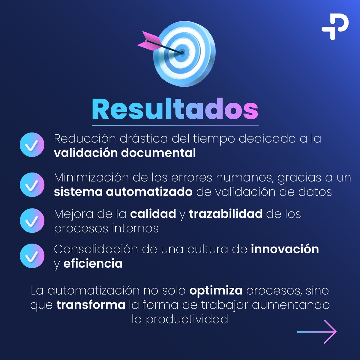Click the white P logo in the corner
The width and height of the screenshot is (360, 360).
[x=335, y=26]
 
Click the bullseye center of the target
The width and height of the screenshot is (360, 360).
[x=182, y=53]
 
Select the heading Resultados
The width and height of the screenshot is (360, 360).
[x=175, y=109]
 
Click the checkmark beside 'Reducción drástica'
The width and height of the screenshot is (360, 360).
[x=32, y=145]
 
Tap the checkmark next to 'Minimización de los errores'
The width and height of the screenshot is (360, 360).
[x=32, y=184]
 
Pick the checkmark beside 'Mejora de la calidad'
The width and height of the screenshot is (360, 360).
[x=32, y=221]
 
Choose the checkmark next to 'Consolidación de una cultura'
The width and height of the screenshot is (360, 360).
[x=32, y=256]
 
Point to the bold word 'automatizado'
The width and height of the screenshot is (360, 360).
[x=149, y=192]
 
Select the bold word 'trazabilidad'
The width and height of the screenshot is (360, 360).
[x=226, y=214]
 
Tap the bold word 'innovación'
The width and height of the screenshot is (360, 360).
[x=285, y=249]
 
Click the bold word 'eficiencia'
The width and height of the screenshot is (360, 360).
[x=93, y=264]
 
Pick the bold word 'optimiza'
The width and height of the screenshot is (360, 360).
[x=216, y=290]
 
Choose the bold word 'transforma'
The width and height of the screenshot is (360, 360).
[x=91, y=305]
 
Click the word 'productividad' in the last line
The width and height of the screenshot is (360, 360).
[x=187, y=319]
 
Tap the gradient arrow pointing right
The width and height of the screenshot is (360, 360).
[x=317, y=332]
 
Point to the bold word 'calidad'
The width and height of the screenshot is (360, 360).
[x=153, y=214]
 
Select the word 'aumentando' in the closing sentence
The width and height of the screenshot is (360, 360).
[x=291, y=305]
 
